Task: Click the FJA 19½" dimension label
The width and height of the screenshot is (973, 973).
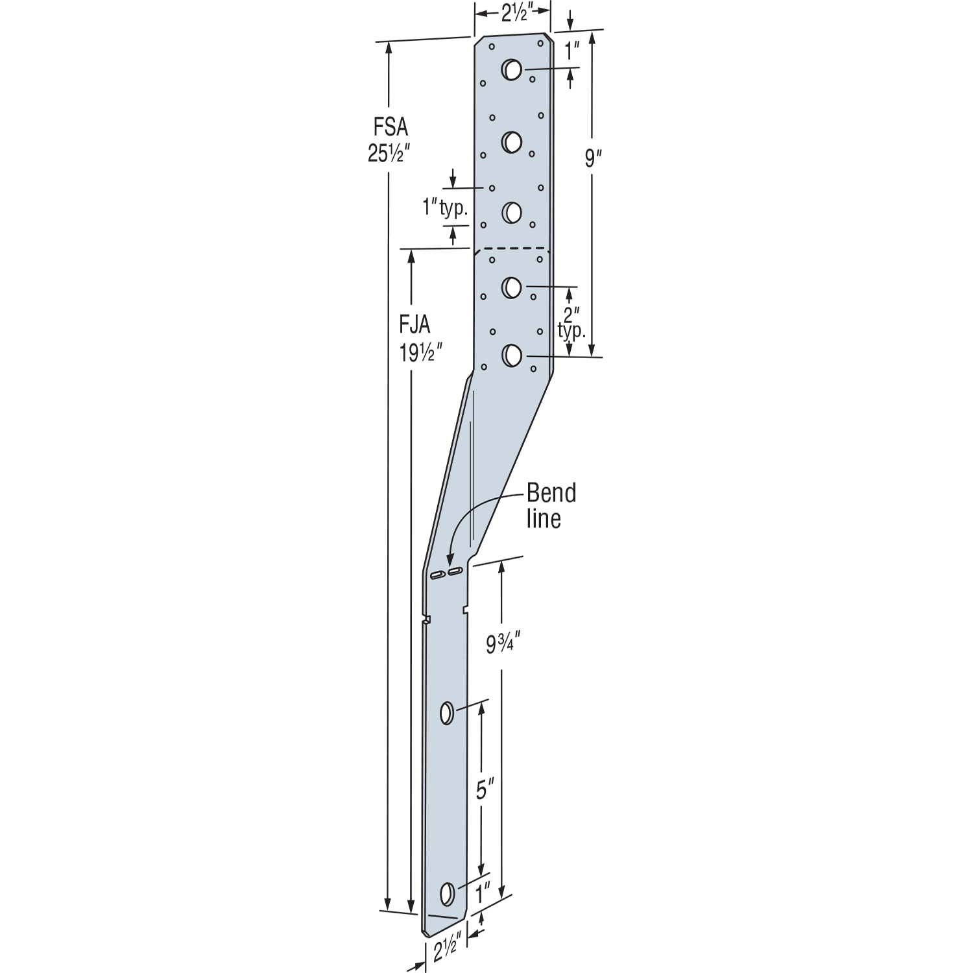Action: pos(421,339)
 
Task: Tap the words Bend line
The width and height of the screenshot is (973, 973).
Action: pos(551,505)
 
